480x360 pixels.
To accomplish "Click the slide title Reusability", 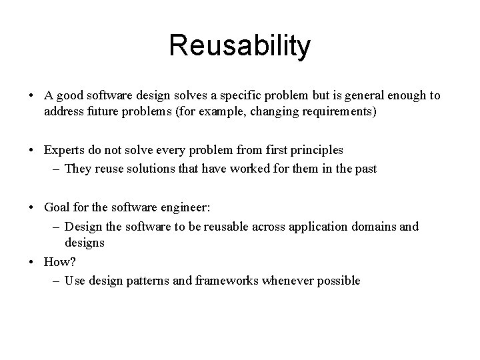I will tap(239, 46).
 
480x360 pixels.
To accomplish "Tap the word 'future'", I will tap(104, 111).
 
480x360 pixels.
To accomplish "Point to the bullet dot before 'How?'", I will tap(32, 263).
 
